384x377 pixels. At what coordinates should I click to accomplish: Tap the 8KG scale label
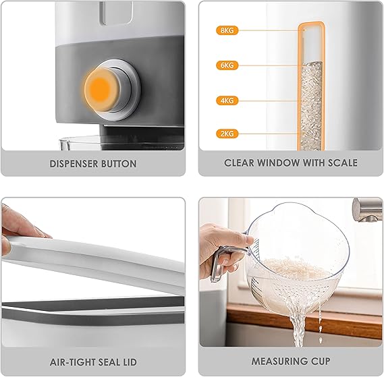227,30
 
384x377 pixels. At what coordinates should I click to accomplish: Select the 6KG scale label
227,65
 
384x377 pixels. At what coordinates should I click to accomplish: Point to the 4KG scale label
227,100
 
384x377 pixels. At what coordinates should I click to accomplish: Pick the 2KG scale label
227,134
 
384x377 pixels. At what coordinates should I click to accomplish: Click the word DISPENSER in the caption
74,164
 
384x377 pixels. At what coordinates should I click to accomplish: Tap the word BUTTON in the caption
119,164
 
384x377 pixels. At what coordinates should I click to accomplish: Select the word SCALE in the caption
343,163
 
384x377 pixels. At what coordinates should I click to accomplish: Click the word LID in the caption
130,362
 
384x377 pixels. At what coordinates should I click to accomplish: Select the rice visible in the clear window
311,106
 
